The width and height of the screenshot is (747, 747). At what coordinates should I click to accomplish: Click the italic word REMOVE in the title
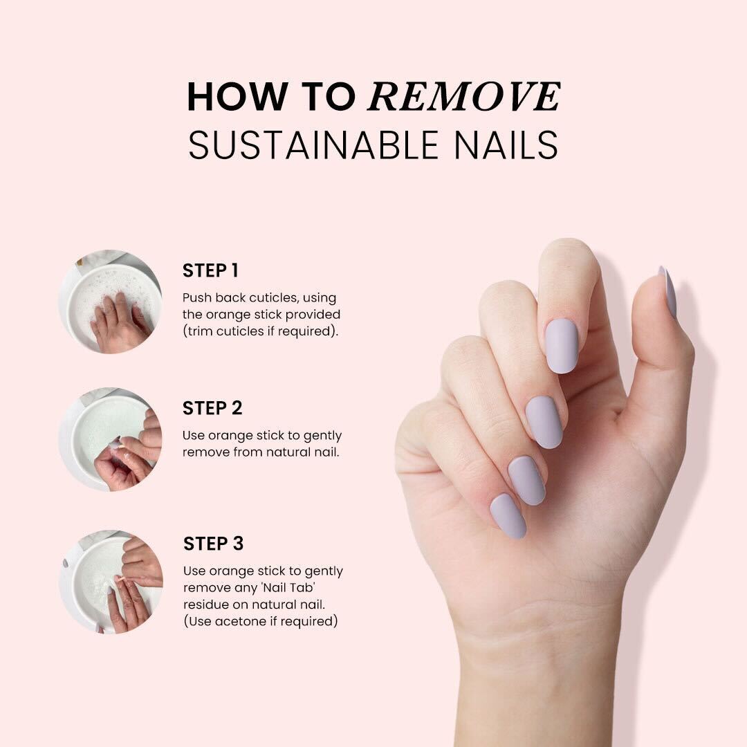pyautogui.click(x=464, y=97)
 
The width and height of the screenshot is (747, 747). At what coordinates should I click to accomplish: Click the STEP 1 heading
pyautogui.click(x=210, y=270)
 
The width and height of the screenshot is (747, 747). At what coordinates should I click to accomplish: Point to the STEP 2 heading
pyautogui.click(x=212, y=408)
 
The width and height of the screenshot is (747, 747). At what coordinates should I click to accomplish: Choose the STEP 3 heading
pyautogui.click(x=213, y=544)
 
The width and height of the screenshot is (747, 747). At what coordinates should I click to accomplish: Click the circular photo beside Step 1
pyautogui.click(x=111, y=302)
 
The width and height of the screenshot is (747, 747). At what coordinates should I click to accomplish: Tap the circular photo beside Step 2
pyautogui.click(x=111, y=439)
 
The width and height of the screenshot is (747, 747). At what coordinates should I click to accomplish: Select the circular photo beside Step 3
pyautogui.click(x=111, y=581)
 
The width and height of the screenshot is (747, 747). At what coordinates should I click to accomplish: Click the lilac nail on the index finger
pyautogui.click(x=561, y=345)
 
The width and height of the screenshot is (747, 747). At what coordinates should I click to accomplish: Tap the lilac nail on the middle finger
pyautogui.click(x=544, y=421)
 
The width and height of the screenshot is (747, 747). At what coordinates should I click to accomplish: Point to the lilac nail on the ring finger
pyautogui.click(x=526, y=479)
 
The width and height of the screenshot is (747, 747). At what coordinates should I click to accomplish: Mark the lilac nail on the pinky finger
pyautogui.click(x=508, y=515)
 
